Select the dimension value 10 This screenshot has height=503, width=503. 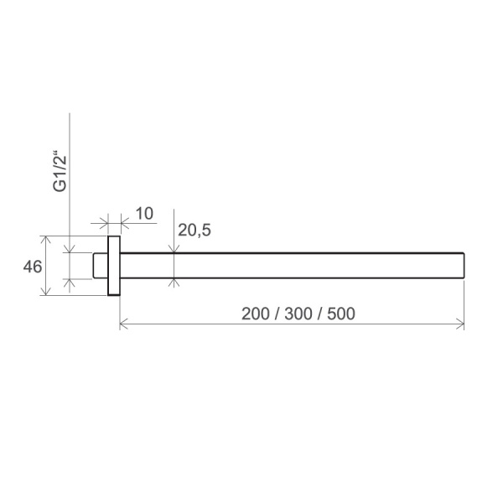[x=144, y=214]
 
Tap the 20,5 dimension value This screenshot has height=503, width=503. [x=194, y=231]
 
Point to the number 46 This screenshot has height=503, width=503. [x=33, y=267]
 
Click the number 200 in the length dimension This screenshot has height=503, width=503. [x=256, y=314]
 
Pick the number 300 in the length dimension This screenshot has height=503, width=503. [x=298, y=314]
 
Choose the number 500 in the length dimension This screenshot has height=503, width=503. [x=341, y=314]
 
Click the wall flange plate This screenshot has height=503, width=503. [x=114, y=266]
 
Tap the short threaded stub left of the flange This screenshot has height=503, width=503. [x=101, y=266]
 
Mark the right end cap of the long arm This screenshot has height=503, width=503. [x=464, y=266]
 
